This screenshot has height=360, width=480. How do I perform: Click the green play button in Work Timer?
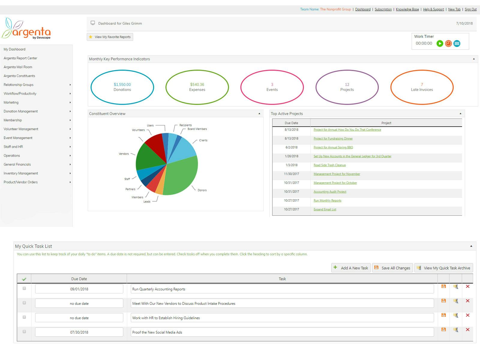440,43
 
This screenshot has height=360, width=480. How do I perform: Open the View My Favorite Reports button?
110,37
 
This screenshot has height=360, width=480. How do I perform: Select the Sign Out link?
470,9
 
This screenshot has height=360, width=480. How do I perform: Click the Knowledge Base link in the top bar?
407,9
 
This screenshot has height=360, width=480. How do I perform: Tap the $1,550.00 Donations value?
122,85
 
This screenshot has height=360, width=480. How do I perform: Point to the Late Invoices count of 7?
422,85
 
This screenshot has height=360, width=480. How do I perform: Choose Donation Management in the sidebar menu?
21,111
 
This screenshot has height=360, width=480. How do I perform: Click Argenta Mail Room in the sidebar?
18,67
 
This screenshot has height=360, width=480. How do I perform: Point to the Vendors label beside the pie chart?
124,154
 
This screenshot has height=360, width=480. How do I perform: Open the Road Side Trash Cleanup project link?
329,165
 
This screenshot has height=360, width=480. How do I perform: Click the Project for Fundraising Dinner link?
333,139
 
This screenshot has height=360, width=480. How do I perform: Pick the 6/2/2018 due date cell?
291,147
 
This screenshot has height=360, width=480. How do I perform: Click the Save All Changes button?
392,268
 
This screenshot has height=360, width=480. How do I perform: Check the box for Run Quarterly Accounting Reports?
24,289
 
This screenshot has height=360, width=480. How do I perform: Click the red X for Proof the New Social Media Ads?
467,330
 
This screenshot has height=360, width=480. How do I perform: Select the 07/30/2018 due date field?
79,332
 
